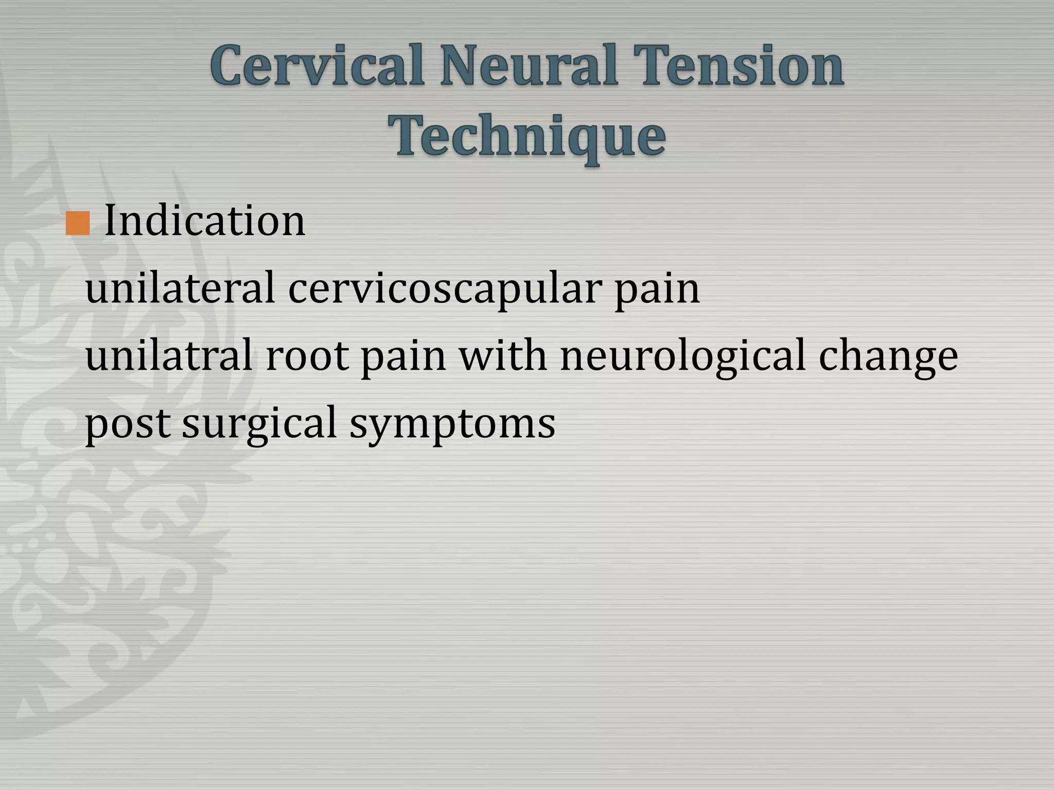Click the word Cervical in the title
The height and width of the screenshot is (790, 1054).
[317, 66]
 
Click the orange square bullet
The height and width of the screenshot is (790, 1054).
[78, 223]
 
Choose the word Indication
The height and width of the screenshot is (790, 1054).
[205, 221]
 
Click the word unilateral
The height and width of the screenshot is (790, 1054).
[180, 289]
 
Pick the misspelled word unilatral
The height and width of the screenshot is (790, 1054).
[169, 356]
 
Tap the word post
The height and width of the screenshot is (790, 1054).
[128, 424]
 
